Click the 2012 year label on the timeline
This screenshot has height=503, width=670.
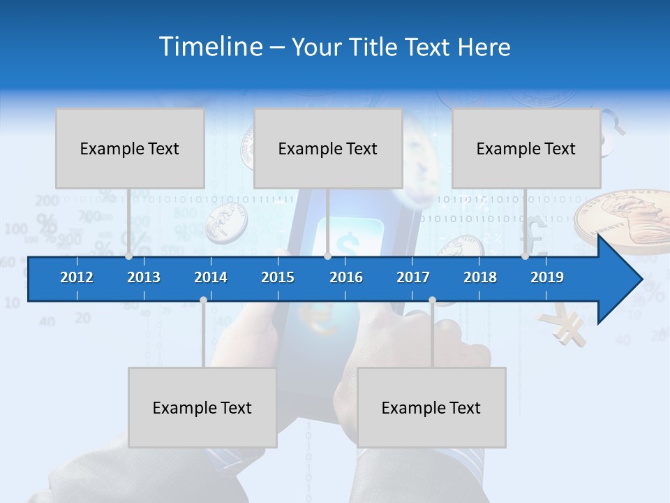click(x=77, y=277)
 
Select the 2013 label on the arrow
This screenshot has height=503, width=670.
click(x=144, y=277)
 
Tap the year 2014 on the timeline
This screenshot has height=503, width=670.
click(x=211, y=277)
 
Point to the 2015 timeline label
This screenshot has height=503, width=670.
click(x=278, y=277)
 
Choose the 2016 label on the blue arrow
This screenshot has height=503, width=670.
click(x=346, y=277)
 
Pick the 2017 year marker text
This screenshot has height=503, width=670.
click(x=413, y=277)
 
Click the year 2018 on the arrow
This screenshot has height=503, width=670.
click(x=480, y=277)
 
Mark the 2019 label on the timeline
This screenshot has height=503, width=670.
click(x=547, y=277)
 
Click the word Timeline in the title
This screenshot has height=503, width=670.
click(x=209, y=47)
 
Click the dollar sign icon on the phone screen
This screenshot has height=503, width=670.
click(x=347, y=239)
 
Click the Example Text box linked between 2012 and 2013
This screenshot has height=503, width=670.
click(x=130, y=148)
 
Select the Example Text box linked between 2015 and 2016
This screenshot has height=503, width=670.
click(x=328, y=148)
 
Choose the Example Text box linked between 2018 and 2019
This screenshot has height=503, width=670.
click(x=526, y=148)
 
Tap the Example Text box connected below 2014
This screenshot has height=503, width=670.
click(x=202, y=407)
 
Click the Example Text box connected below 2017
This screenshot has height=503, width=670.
click(x=431, y=407)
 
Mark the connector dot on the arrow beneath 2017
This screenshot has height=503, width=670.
click(x=432, y=300)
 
